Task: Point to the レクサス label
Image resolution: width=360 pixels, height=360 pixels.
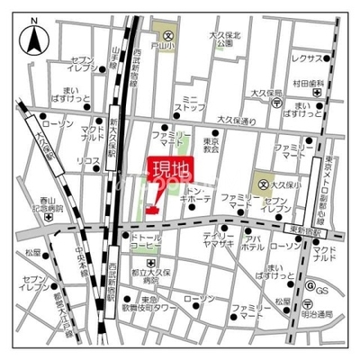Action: point(307,58)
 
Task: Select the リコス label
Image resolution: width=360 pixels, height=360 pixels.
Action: point(87,160)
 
